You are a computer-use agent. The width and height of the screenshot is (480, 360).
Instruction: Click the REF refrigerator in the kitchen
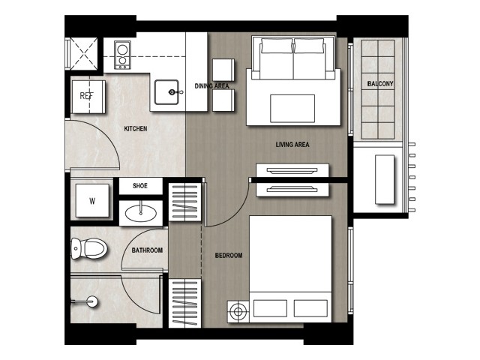coord(88,97)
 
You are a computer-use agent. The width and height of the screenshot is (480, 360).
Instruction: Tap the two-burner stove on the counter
coord(122,55)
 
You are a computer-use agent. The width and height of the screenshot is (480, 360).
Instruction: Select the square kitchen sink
coord(166,92)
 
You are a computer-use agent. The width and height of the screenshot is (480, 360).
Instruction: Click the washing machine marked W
coord(92,201)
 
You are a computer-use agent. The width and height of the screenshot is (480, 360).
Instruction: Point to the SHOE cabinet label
coord(140,186)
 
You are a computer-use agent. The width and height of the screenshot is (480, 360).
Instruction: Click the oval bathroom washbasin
coord(140,213)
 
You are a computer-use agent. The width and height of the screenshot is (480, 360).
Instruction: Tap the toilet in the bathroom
coord(89,248)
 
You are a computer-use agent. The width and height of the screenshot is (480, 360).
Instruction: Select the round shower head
coord(92,301)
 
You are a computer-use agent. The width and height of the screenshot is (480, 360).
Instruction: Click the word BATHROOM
coord(147,250)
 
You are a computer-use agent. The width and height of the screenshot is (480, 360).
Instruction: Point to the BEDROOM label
coord(229,255)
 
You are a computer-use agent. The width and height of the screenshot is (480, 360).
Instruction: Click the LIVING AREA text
coord(292,145)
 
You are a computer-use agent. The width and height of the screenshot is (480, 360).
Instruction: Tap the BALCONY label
coord(380,83)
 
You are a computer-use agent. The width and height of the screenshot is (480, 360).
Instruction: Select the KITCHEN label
coord(136,128)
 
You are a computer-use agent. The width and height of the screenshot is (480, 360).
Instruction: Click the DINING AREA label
coord(211,86)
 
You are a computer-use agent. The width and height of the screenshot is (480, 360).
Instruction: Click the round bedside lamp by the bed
coord(238,311)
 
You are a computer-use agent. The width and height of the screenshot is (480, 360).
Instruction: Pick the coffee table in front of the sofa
coord(292,108)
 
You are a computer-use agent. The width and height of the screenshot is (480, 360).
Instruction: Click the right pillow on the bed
coord(310,308)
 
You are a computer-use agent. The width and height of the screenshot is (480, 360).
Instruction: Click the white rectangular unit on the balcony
coord(385,179)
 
